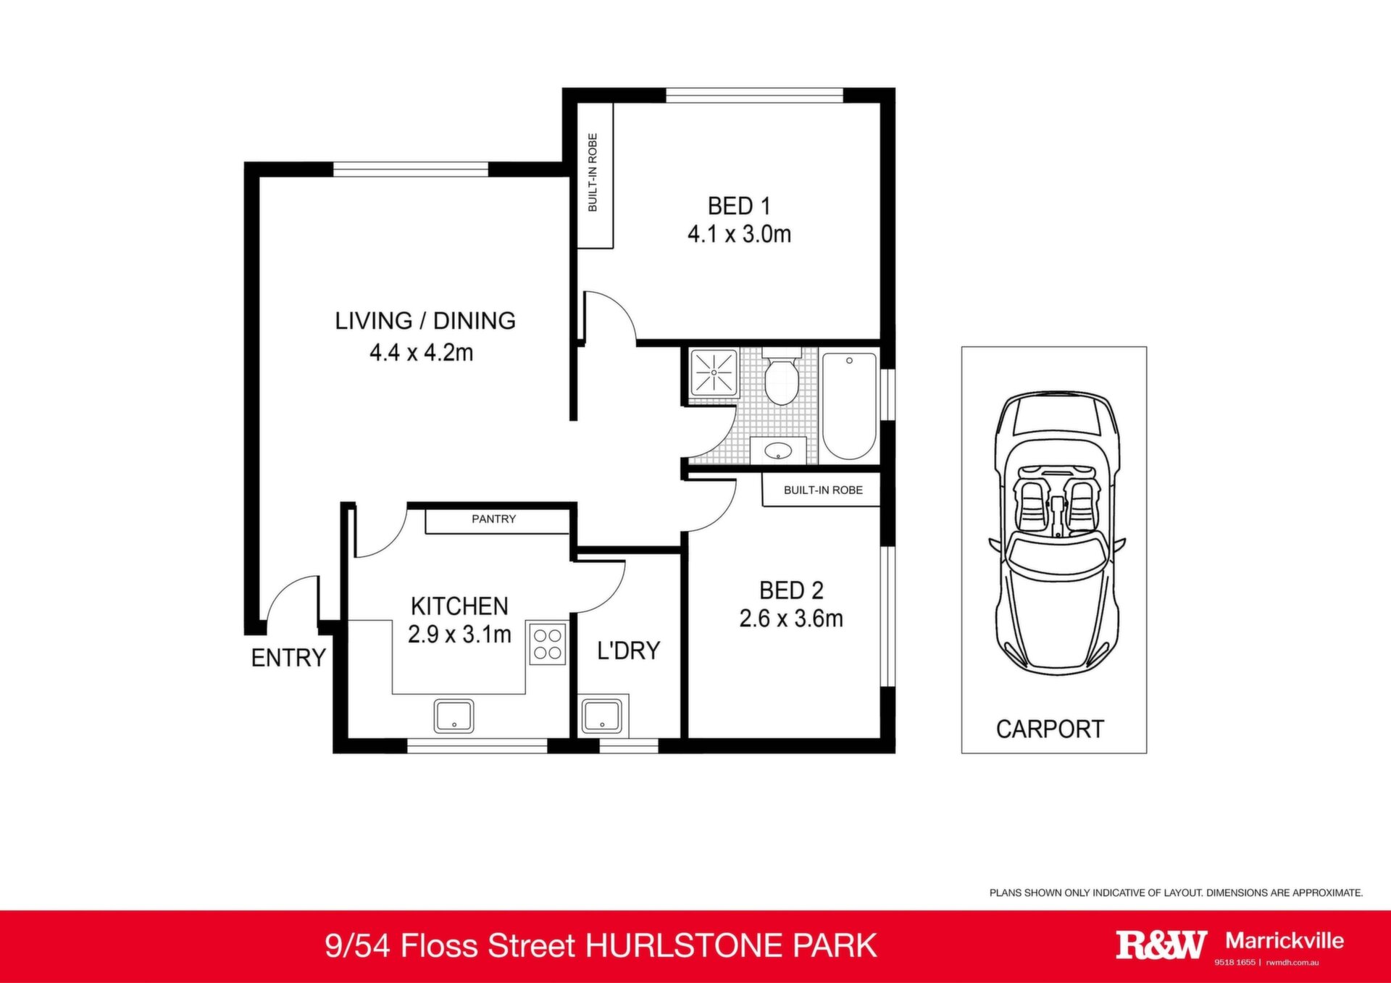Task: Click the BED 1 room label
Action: pyautogui.click(x=739, y=206)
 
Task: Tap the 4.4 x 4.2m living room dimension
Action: pyautogui.click(x=422, y=353)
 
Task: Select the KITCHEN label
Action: pyautogui.click(x=459, y=606)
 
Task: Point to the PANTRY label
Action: pyautogui.click(x=493, y=519)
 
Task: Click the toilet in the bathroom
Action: pyautogui.click(x=781, y=377)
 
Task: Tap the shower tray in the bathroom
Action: pyautogui.click(x=714, y=373)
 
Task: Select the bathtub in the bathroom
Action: pyautogui.click(x=849, y=406)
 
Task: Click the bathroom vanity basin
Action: pyautogui.click(x=778, y=451)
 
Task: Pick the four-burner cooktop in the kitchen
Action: pyautogui.click(x=547, y=644)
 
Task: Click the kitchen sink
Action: pyautogui.click(x=454, y=716)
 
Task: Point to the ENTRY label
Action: pyautogui.click(x=288, y=658)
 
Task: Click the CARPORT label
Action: pyautogui.click(x=1050, y=729)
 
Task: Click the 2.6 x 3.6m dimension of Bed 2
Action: pyautogui.click(x=791, y=619)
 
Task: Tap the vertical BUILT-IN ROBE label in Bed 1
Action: pyautogui.click(x=593, y=172)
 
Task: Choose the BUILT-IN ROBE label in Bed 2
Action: pyautogui.click(x=823, y=490)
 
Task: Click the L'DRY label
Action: pyautogui.click(x=628, y=651)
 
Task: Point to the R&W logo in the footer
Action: pyautogui.click(x=1161, y=945)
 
